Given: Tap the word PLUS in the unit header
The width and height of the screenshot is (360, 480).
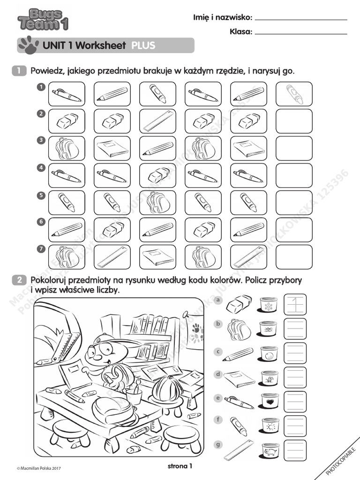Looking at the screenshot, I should pyautogui.click(x=143, y=45).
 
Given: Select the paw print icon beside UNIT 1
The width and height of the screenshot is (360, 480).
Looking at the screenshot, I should pyautogui.click(x=28, y=45).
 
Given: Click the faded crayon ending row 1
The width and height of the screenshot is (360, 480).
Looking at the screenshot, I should pyautogui.click(x=294, y=94).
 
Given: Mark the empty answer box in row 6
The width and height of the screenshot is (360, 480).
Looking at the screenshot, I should pyautogui.click(x=294, y=230).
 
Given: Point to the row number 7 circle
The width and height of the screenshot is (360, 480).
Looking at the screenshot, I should pyautogui.click(x=41, y=249).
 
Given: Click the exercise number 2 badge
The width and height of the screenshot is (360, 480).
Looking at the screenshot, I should pyautogui.click(x=19, y=280).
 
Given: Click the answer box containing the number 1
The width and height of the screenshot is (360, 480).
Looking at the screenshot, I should pyautogui.click(x=295, y=305).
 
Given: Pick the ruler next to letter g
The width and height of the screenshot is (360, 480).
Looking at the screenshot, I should pyautogui.click(x=239, y=450).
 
